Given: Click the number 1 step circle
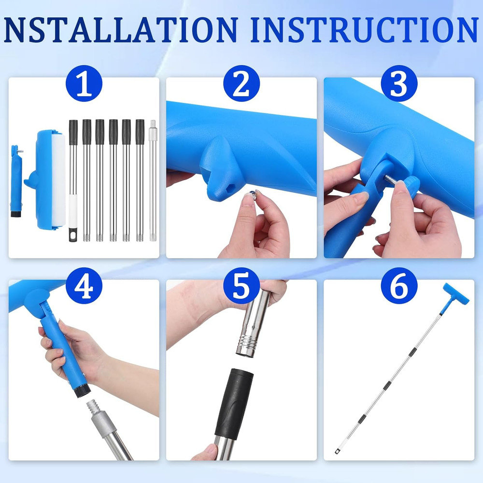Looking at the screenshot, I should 84,83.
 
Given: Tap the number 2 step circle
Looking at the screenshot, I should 241,83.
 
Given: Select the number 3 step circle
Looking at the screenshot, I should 399,83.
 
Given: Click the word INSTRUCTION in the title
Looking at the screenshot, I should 364,30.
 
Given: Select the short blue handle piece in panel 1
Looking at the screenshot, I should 16,181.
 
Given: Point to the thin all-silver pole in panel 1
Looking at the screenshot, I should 153,181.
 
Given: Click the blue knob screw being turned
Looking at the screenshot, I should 413,187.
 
